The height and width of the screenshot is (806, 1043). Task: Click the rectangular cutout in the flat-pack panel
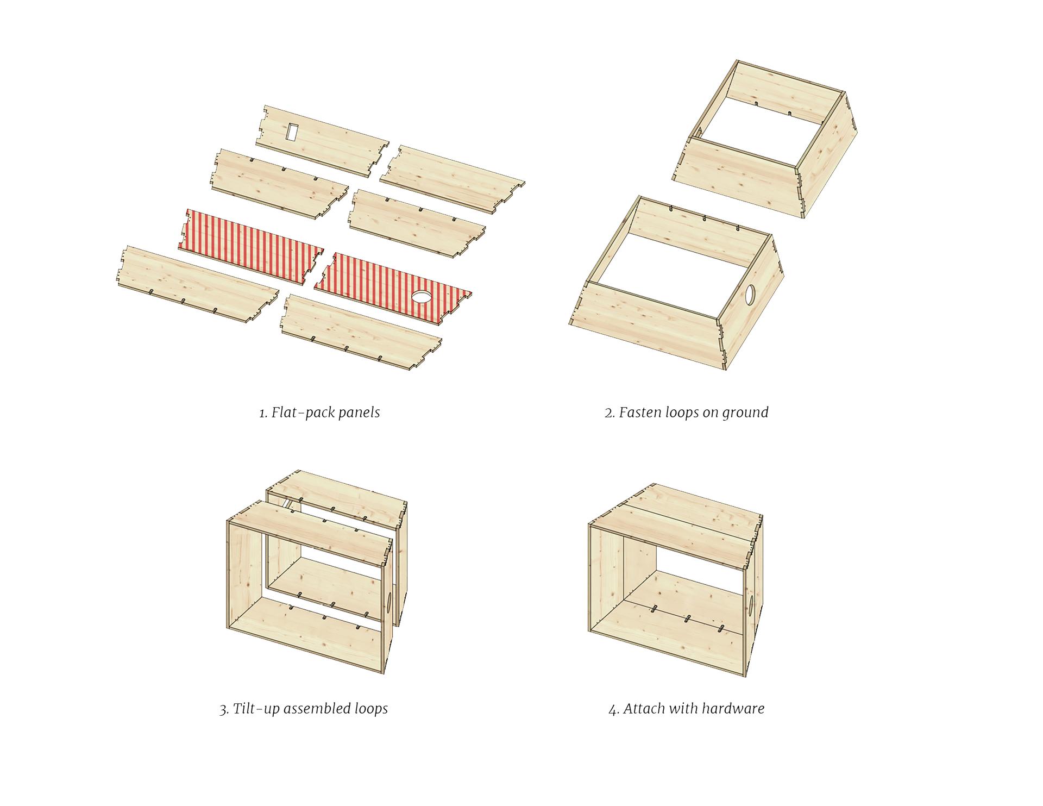point(292,131)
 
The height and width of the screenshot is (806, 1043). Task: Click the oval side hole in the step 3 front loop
point(389,604)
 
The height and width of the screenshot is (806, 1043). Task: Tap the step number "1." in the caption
point(263,413)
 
